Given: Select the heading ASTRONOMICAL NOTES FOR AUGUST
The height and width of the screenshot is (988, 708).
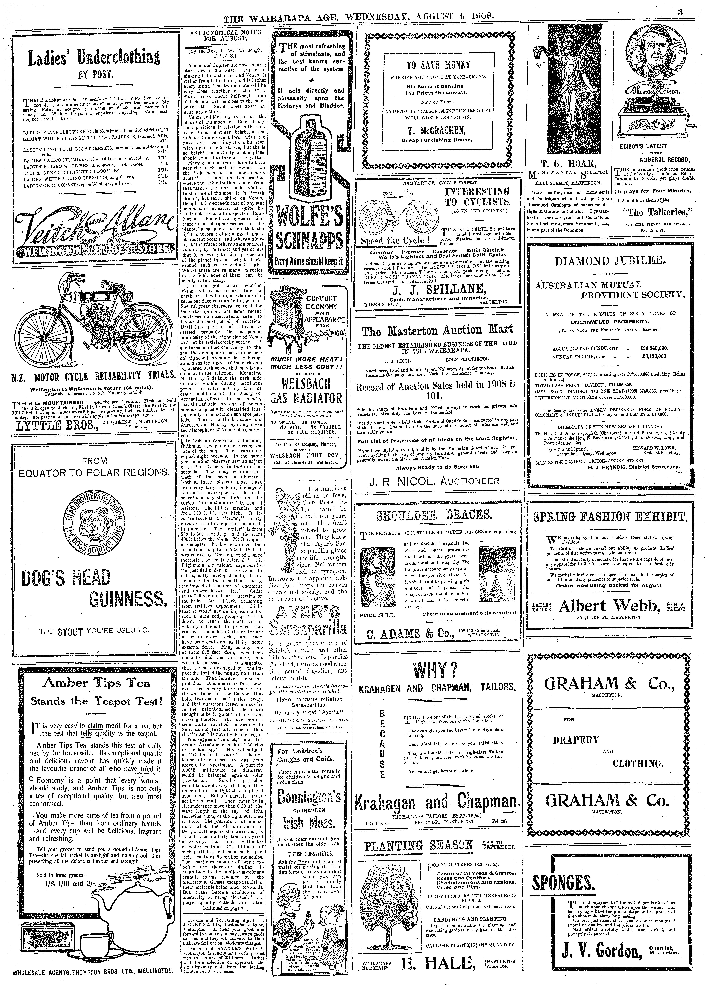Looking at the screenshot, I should click(224, 35).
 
